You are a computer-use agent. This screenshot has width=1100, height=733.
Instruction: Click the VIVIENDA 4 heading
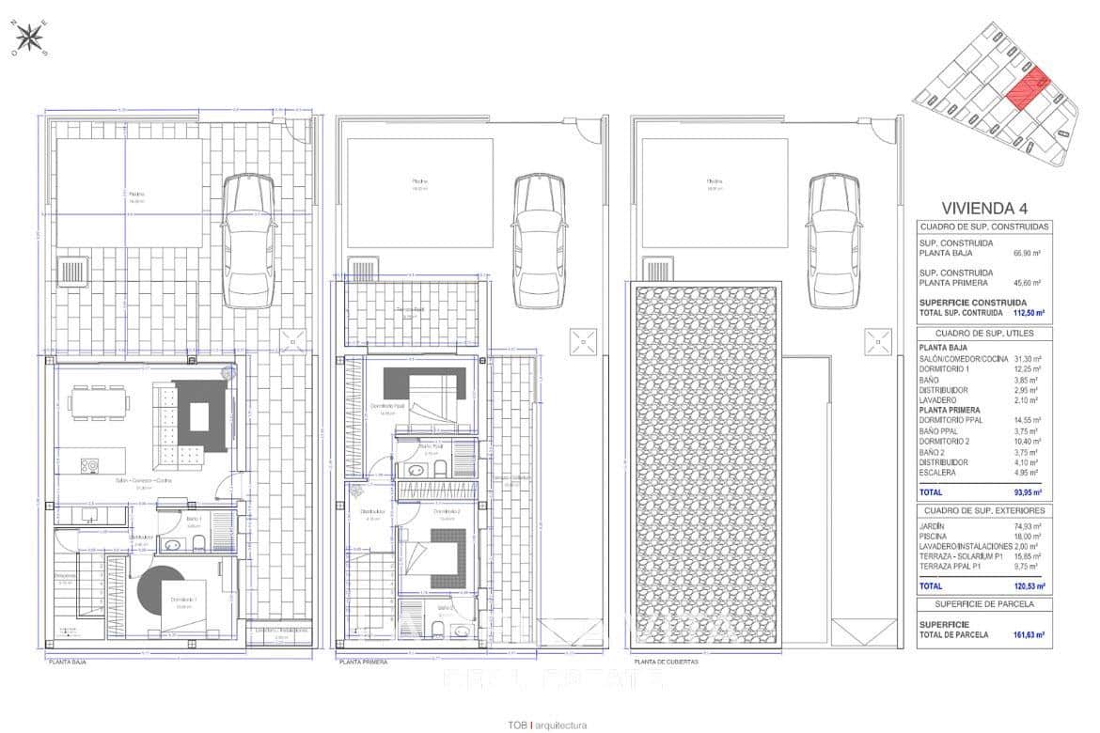(983, 208)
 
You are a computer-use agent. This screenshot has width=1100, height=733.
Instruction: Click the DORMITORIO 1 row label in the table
(945, 369)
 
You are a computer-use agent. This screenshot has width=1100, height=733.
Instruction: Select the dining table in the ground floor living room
(99, 402)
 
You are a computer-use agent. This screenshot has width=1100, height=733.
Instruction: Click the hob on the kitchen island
(90, 464)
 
